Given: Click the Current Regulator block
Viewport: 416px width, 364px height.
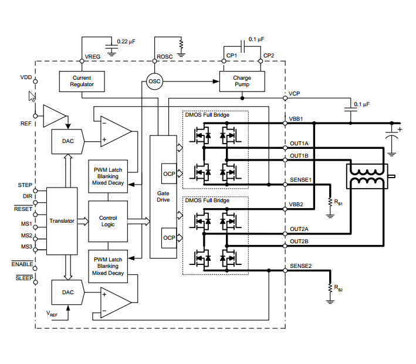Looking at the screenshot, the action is coord(82,81).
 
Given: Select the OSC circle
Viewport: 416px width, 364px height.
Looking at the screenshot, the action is coord(154,81).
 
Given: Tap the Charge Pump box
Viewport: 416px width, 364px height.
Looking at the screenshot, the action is coord(242,81).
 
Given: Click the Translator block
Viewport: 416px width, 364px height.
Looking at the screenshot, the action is coord(62,221).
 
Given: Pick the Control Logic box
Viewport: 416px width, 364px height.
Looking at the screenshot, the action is coord(108,222).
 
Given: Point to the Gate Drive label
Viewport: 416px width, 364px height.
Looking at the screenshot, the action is coord(163,196).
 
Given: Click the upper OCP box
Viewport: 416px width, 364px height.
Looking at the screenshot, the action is coord(169,174).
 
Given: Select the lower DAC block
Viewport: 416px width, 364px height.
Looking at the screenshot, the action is coord(68,292).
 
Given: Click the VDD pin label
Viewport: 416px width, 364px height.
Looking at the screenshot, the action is coord(26,77).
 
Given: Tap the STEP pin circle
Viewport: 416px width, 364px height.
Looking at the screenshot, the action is coord(35,190).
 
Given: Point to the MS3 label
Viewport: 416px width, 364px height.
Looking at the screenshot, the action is coord(26,247).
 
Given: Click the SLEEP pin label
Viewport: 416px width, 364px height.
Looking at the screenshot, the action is coord(24,278).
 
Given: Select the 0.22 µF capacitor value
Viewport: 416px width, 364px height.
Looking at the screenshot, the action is coord(126,42).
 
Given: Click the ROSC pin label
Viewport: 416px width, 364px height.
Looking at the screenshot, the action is coord(164,57).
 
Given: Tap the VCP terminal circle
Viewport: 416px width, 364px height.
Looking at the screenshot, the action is coord(285,98).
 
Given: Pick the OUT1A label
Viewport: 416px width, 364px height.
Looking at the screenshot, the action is coord(299,144).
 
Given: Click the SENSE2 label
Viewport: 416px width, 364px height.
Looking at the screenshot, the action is coord(300,266).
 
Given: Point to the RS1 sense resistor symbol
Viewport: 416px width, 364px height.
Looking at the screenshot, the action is coord(330,202).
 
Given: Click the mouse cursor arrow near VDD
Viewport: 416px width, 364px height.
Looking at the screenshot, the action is coord(32,96).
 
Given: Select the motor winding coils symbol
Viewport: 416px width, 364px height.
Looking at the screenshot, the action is coord(367,176).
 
